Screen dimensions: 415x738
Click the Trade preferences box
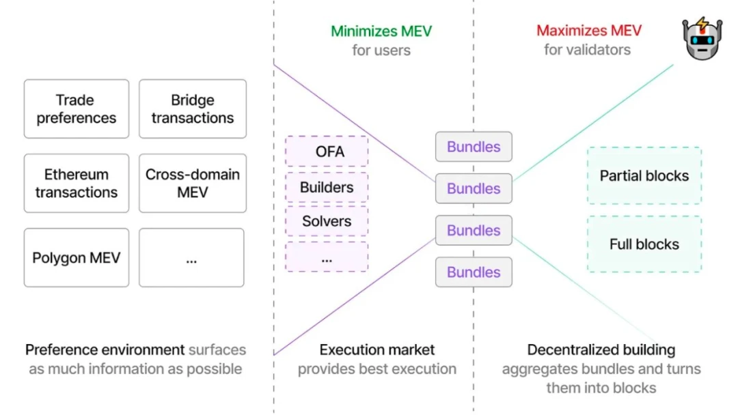coord(76,109)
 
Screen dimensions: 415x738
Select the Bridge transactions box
coord(193,109)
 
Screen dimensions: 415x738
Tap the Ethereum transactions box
coord(76,183)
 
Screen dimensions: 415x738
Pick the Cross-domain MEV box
coord(193,183)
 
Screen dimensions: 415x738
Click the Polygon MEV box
coord(76,258)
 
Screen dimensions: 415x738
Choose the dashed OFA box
coord(327,151)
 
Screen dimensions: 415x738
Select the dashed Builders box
coord(327,187)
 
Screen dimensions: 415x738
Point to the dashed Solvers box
coord(327,221)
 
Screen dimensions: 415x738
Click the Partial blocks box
coord(644,175)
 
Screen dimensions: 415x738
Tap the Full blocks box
coord(644,244)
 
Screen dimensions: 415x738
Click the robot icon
coord(702,40)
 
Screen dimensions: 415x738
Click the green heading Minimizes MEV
coord(381,31)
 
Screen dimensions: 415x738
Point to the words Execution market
coord(377,350)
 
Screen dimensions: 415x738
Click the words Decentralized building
coord(601,350)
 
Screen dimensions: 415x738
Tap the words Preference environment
coord(105,350)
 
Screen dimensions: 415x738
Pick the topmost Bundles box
coord(474,147)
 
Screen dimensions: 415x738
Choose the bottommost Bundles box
coord(474,272)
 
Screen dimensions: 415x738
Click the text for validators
coord(587,50)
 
